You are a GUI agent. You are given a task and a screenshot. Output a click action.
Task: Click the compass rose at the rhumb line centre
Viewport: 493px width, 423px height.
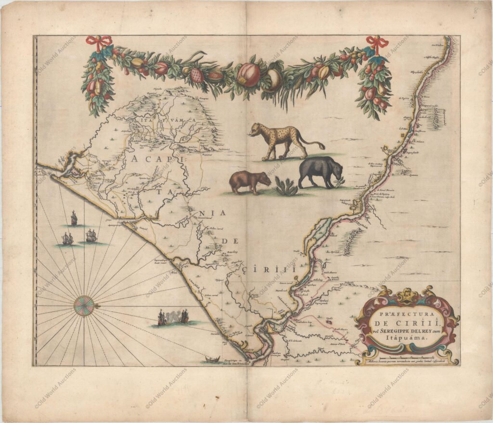point(84,306)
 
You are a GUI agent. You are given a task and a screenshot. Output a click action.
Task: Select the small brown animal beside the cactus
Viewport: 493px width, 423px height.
point(249,181)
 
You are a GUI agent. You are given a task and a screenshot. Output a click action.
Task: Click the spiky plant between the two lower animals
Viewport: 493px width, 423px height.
point(285,186)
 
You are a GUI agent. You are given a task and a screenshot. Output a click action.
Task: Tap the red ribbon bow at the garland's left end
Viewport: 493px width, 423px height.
point(99,42)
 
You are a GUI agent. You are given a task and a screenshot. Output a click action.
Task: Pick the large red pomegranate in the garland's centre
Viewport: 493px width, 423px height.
point(248,75)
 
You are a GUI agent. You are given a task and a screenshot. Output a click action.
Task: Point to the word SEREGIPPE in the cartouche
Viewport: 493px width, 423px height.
point(394,331)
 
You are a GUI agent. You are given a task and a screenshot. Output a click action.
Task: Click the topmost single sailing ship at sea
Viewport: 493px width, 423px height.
point(74,219)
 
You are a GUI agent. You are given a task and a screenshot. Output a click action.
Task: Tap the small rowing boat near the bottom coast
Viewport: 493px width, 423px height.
point(212,359)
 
